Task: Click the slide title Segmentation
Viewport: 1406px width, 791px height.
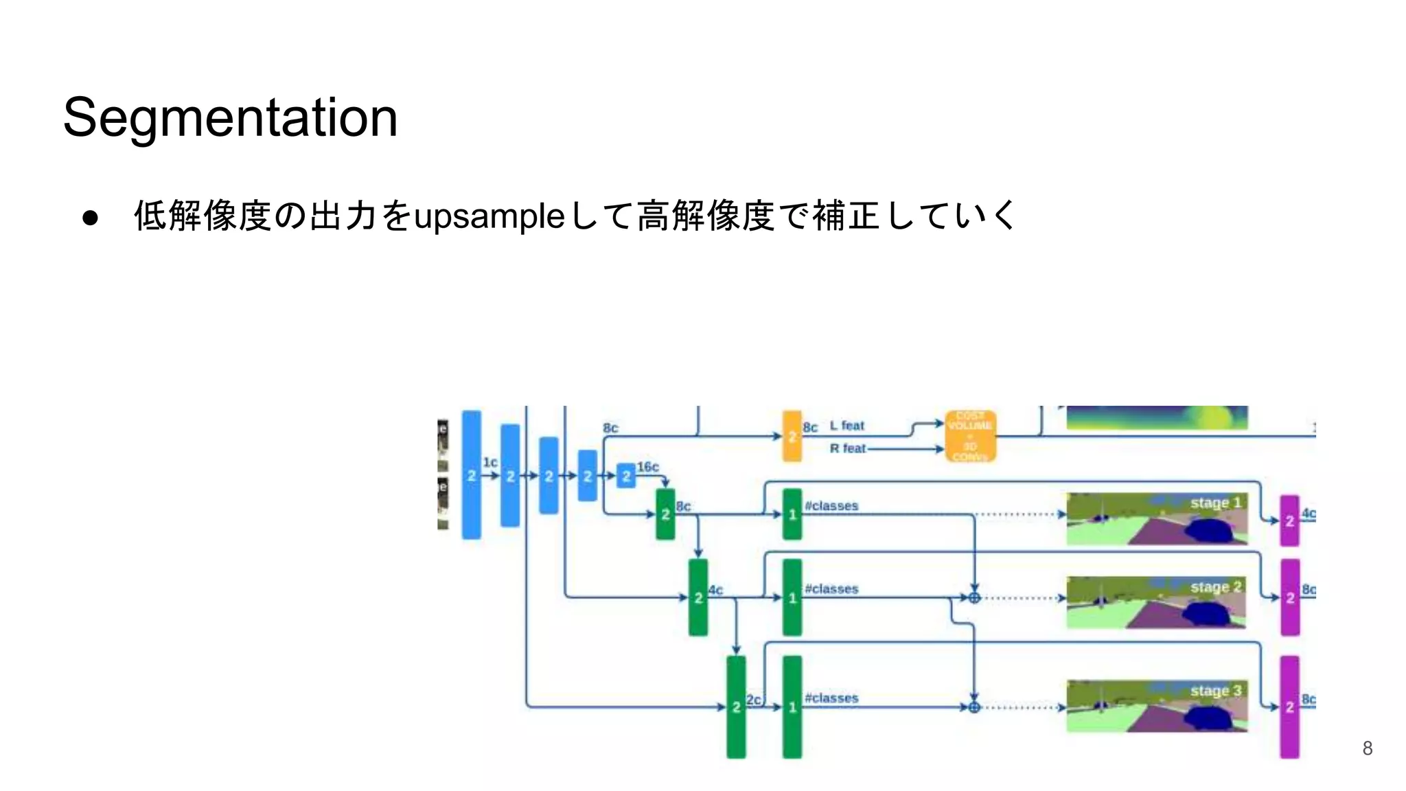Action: [230, 117]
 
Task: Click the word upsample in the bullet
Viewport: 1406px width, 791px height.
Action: [489, 217]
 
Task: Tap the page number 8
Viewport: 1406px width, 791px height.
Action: [1367, 748]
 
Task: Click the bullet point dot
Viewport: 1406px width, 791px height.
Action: [90, 218]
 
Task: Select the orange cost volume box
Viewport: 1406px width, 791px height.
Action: [970, 436]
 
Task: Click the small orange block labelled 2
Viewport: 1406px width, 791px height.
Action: [792, 436]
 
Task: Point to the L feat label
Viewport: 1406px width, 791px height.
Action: [847, 426]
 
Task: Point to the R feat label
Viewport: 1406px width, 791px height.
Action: [848, 448]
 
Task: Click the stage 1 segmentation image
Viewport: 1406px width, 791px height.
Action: [1156, 518]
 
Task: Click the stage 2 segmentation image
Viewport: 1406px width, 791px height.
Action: [1156, 602]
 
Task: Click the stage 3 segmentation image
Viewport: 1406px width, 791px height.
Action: [1156, 706]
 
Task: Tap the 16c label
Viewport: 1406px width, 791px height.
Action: [647, 467]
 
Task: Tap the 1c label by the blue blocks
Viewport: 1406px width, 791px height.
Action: [489, 462]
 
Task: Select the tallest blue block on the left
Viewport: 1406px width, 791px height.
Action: [472, 474]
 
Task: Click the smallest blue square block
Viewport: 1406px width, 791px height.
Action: [625, 475]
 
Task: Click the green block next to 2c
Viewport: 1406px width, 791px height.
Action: [736, 707]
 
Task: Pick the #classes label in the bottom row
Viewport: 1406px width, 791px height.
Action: [831, 698]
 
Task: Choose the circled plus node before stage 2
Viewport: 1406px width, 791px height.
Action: [974, 598]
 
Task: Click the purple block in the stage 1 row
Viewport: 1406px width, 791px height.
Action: [1289, 520]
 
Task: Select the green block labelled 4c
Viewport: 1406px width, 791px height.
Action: [698, 597]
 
